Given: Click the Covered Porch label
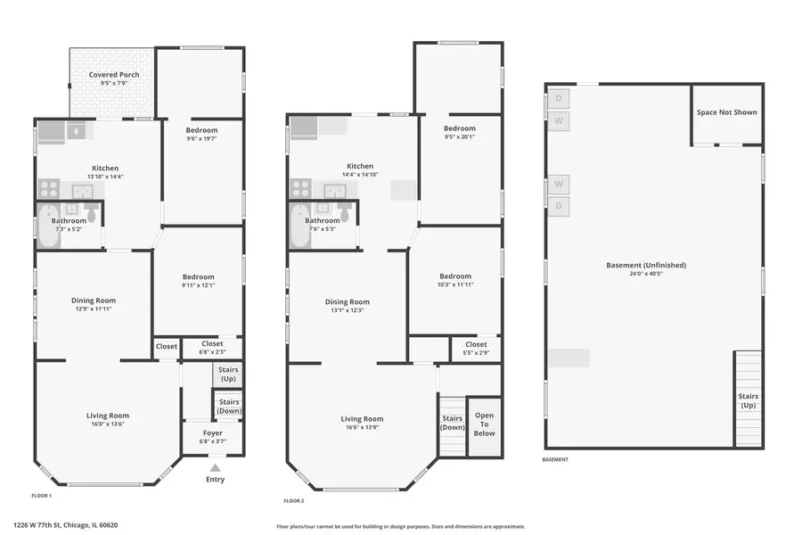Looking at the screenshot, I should point(114,75).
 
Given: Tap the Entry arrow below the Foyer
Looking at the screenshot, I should point(215,466).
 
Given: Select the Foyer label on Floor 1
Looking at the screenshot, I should point(212,433).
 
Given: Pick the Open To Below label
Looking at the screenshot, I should point(484,424).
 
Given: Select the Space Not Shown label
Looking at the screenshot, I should point(727,112).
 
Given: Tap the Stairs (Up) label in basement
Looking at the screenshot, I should point(748,400).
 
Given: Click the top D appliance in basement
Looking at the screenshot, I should point(558,98).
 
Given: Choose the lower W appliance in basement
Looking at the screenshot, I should point(558,184).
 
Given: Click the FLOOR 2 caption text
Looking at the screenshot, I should point(293,500).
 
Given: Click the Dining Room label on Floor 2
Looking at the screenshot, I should point(347,301).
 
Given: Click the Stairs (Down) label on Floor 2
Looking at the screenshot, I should point(453,423).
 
